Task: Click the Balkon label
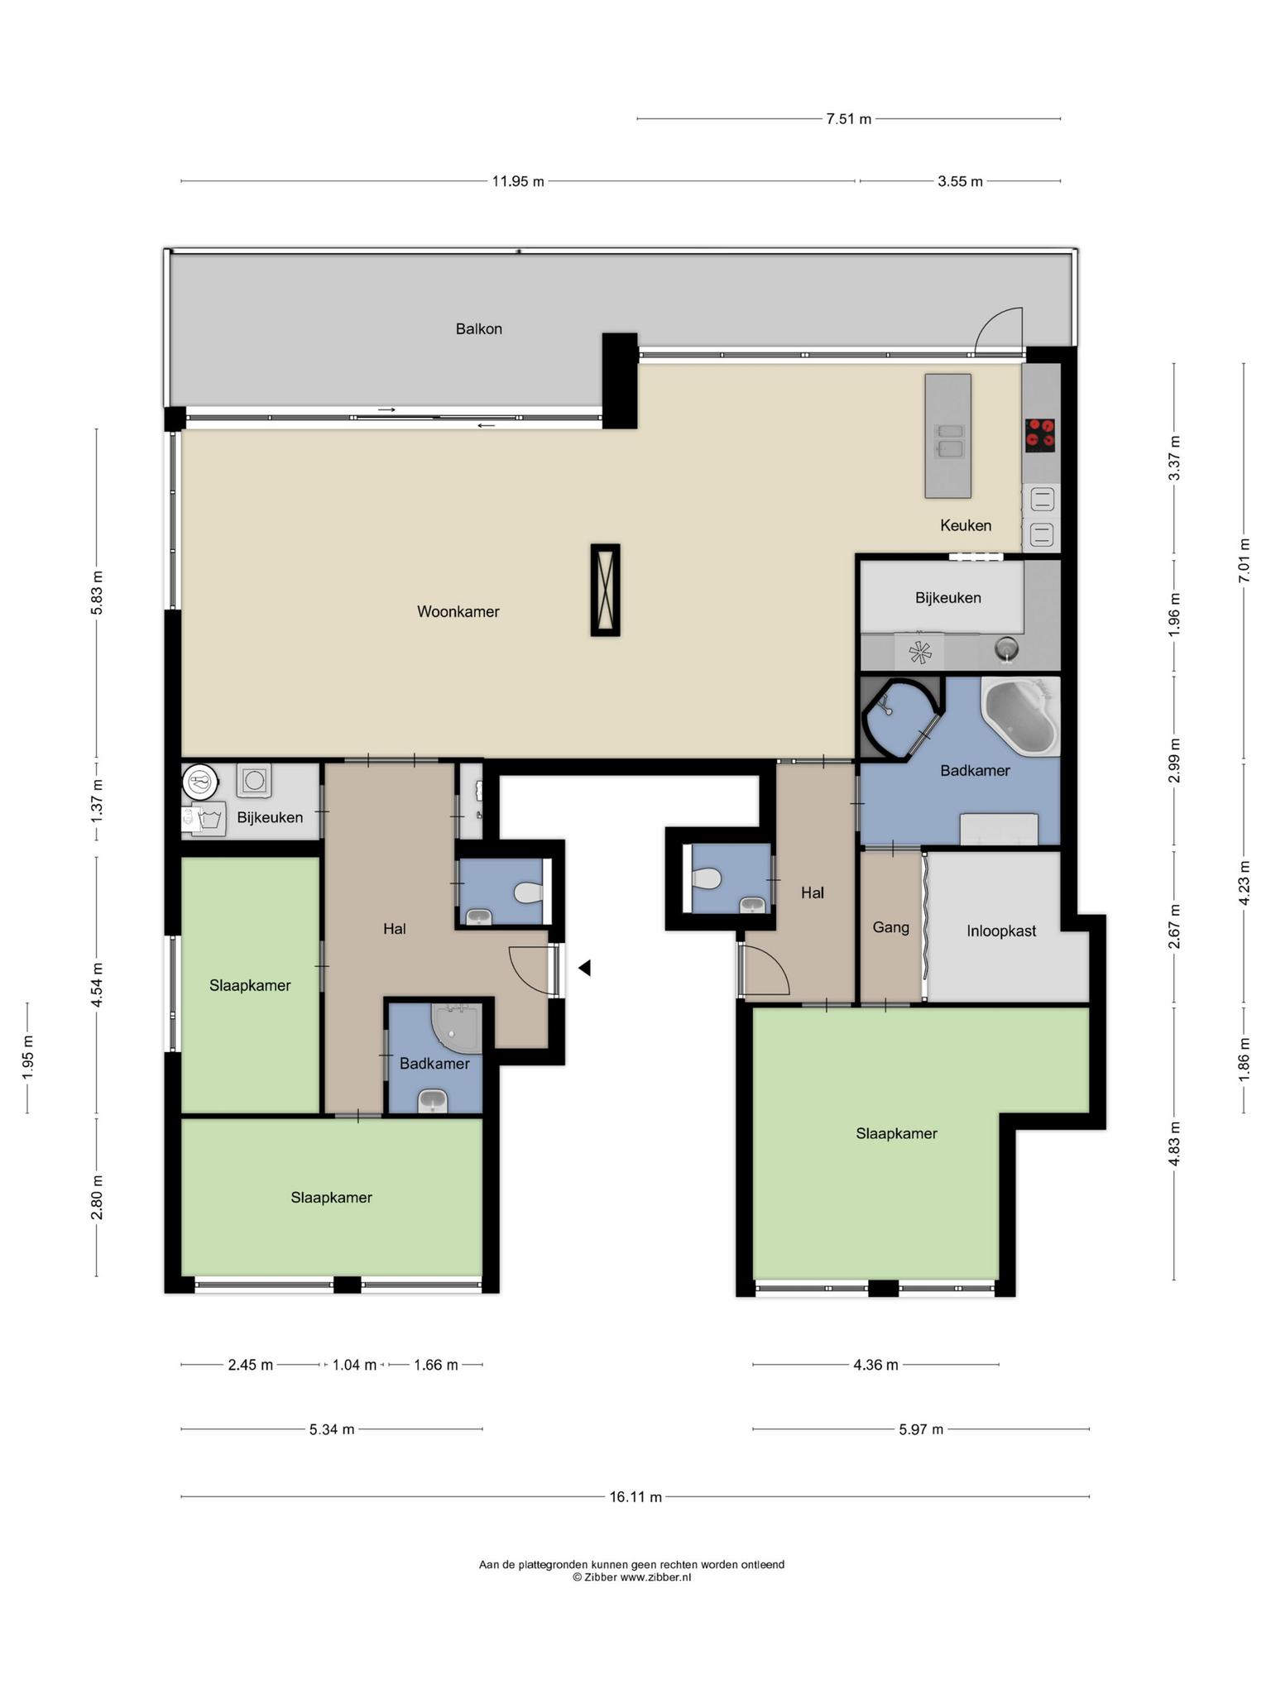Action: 478,328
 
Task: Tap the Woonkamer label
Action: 458,611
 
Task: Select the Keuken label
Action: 965,525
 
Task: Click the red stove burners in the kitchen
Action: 1040,435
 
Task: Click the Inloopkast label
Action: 1001,931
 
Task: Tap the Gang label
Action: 890,927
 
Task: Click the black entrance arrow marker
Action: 584,967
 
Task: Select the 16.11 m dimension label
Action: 635,1496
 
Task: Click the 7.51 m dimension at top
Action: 848,118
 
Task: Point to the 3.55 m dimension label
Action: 960,181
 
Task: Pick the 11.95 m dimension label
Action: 518,181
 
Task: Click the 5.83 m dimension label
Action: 97,592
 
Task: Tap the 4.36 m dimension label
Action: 875,1365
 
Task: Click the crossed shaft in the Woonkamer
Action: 605,590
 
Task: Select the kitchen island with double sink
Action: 947,436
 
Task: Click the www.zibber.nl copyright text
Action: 631,1577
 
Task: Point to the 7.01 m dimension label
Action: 1243,561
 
